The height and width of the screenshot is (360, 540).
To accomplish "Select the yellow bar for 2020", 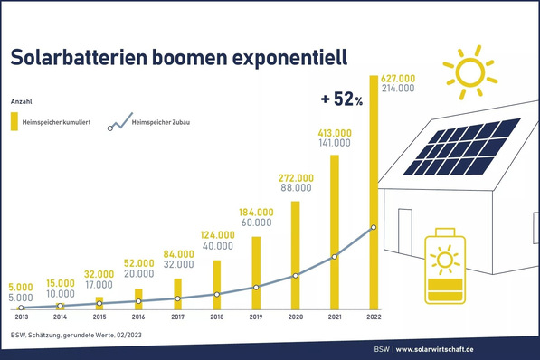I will coord(295,253).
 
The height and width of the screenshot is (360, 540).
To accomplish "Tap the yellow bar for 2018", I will coord(216,284).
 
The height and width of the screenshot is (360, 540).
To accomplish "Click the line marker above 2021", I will coord(335,257).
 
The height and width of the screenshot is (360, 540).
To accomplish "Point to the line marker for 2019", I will coord(256,287).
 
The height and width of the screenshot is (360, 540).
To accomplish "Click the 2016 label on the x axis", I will coord(137,318).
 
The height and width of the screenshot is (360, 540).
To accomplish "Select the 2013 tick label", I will coord(20,318).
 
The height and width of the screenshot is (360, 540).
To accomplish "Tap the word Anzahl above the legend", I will coord(21,101).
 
